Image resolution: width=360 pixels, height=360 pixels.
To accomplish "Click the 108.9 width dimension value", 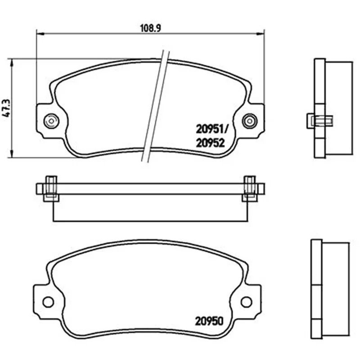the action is click(151, 28).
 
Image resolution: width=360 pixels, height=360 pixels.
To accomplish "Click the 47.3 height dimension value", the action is click(6, 108).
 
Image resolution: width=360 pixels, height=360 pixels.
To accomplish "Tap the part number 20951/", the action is click(211, 129).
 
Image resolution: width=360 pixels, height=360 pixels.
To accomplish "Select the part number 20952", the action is click(210, 143).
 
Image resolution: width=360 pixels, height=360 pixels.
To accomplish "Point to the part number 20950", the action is click(209, 321).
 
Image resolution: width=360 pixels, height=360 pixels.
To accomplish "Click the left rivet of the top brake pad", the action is click(51, 121).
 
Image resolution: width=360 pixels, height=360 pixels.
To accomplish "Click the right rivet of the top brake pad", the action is click(250, 121).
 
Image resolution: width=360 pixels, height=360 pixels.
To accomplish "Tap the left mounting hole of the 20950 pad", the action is click(48, 301).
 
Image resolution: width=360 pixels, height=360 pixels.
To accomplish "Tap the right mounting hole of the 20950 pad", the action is click(246, 301).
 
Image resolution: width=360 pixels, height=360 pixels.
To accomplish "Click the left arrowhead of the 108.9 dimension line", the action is click(40, 34).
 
